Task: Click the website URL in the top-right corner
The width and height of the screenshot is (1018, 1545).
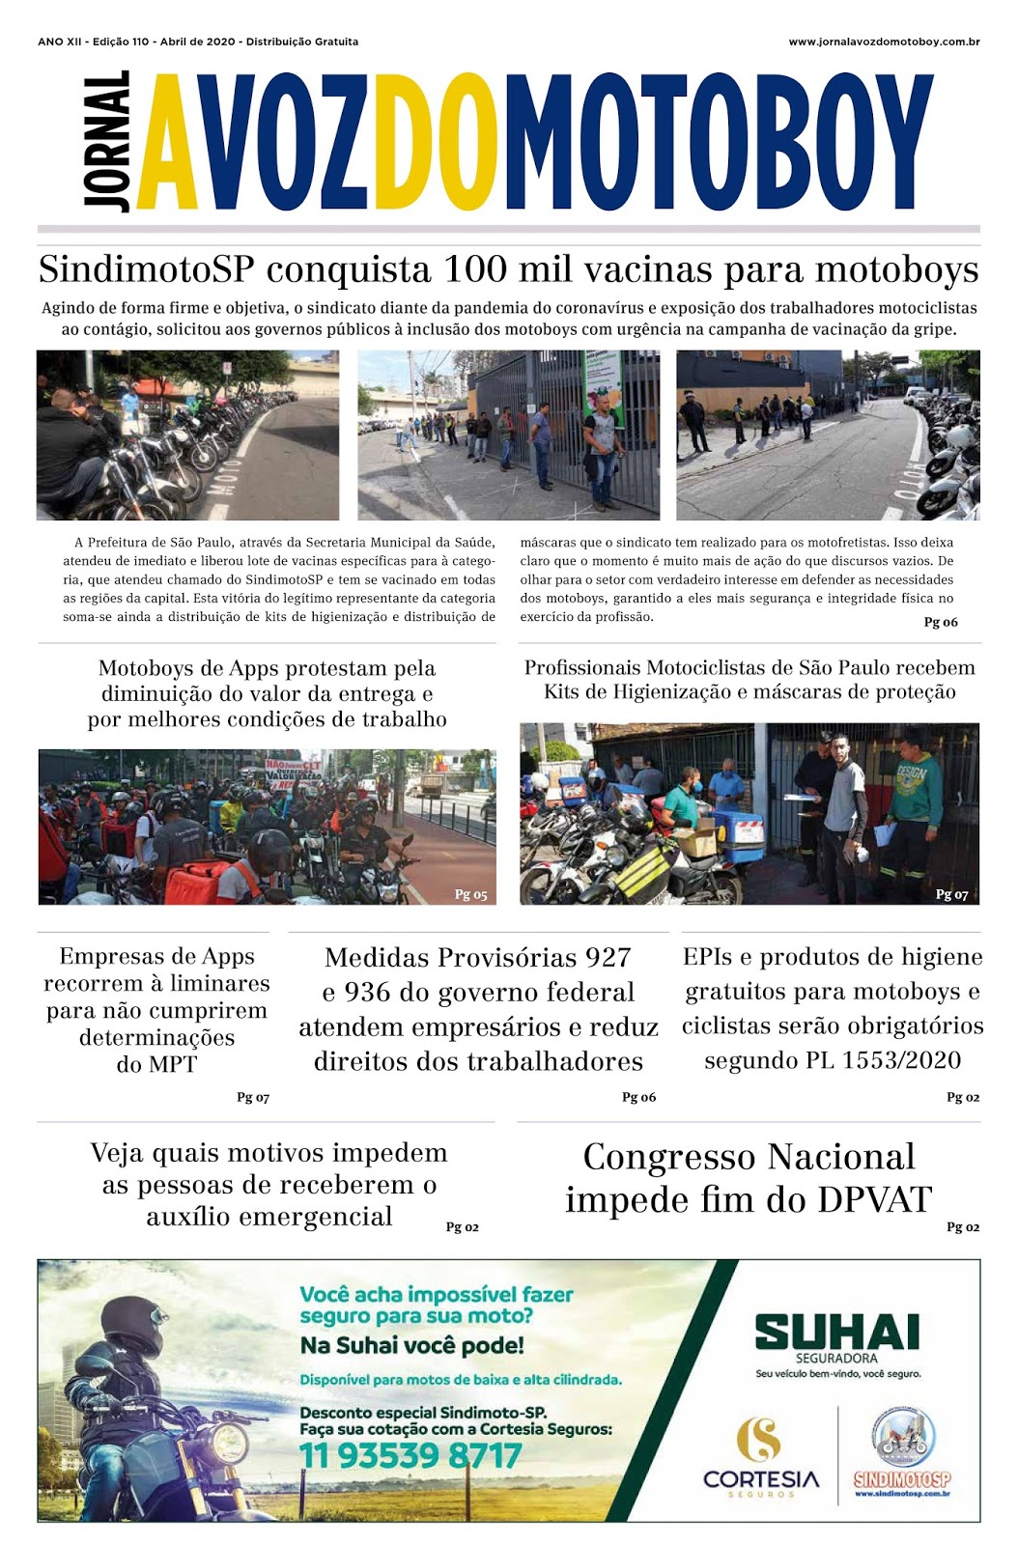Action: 884,42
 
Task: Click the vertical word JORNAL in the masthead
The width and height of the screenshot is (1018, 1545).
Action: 107,141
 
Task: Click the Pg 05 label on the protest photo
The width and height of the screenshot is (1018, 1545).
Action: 470,894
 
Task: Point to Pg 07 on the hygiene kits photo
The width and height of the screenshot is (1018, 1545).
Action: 951,894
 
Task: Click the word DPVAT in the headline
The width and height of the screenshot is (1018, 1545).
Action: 874,1199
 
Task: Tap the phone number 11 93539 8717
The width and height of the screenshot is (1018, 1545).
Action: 410,1455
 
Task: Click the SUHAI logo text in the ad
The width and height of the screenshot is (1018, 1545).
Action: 836,1333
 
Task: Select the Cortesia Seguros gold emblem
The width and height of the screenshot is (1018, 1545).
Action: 759,1438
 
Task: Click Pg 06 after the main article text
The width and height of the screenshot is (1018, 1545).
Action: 941,622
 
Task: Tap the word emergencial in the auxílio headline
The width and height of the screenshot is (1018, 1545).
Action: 269,1217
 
